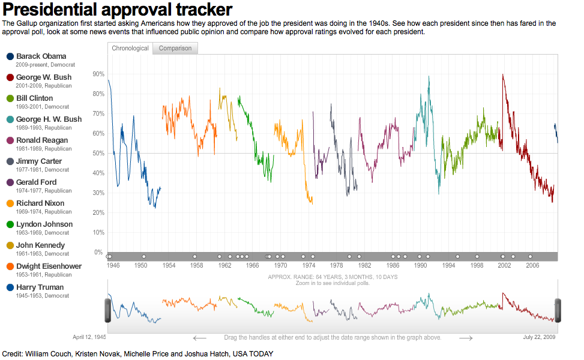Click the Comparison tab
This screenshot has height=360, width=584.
click(175, 48)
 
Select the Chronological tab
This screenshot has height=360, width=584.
click(130, 48)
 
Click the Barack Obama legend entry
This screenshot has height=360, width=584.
click(41, 56)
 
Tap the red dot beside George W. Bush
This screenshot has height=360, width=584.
click(10, 77)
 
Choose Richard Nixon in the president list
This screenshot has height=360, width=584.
click(40, 203)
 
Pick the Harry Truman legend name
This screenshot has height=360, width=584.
click(40, 287)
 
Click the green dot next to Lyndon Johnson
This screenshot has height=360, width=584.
click(10, 224)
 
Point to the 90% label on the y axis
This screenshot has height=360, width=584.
click(98, 74)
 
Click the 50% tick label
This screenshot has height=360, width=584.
click(98, 153)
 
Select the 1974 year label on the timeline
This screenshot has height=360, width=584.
click(309, 265)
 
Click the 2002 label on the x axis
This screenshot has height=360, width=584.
click(504, 265)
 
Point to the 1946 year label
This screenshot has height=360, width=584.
click(113, 265)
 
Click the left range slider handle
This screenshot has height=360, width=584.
click(108, 310)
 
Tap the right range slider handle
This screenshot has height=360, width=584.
click(558, 310)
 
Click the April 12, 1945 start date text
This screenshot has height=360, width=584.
click(89, 337)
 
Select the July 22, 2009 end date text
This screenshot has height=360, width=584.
click(539, 337)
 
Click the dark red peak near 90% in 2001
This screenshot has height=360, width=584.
click(502, 75)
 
